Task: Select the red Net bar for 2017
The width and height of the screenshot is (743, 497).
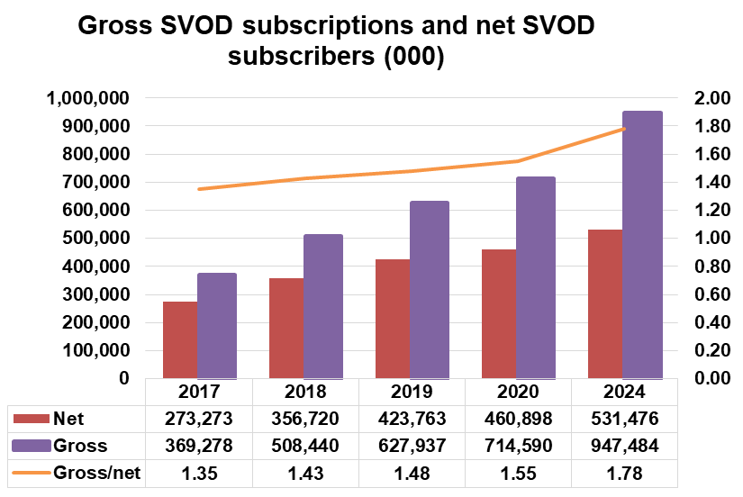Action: (180, 339)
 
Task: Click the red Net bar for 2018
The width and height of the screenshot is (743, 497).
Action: (287, 328)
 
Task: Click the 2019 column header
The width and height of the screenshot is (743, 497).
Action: (412, 393)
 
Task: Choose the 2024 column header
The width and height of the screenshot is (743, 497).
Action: (624, 393)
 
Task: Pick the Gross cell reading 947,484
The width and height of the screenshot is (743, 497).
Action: (624, 446)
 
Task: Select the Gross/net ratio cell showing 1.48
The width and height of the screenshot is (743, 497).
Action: (412, 473)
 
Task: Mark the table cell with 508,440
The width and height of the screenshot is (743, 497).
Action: (306, 446)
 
